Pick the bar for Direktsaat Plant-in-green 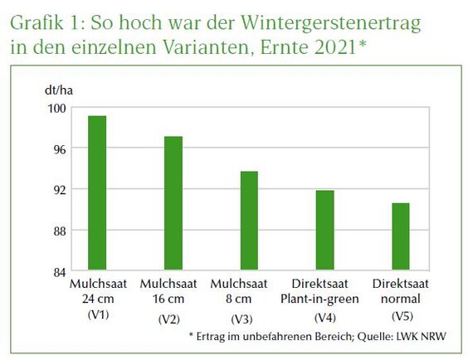pos(324,231)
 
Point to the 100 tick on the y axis pos(56,107)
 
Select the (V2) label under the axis pos(173,319)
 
